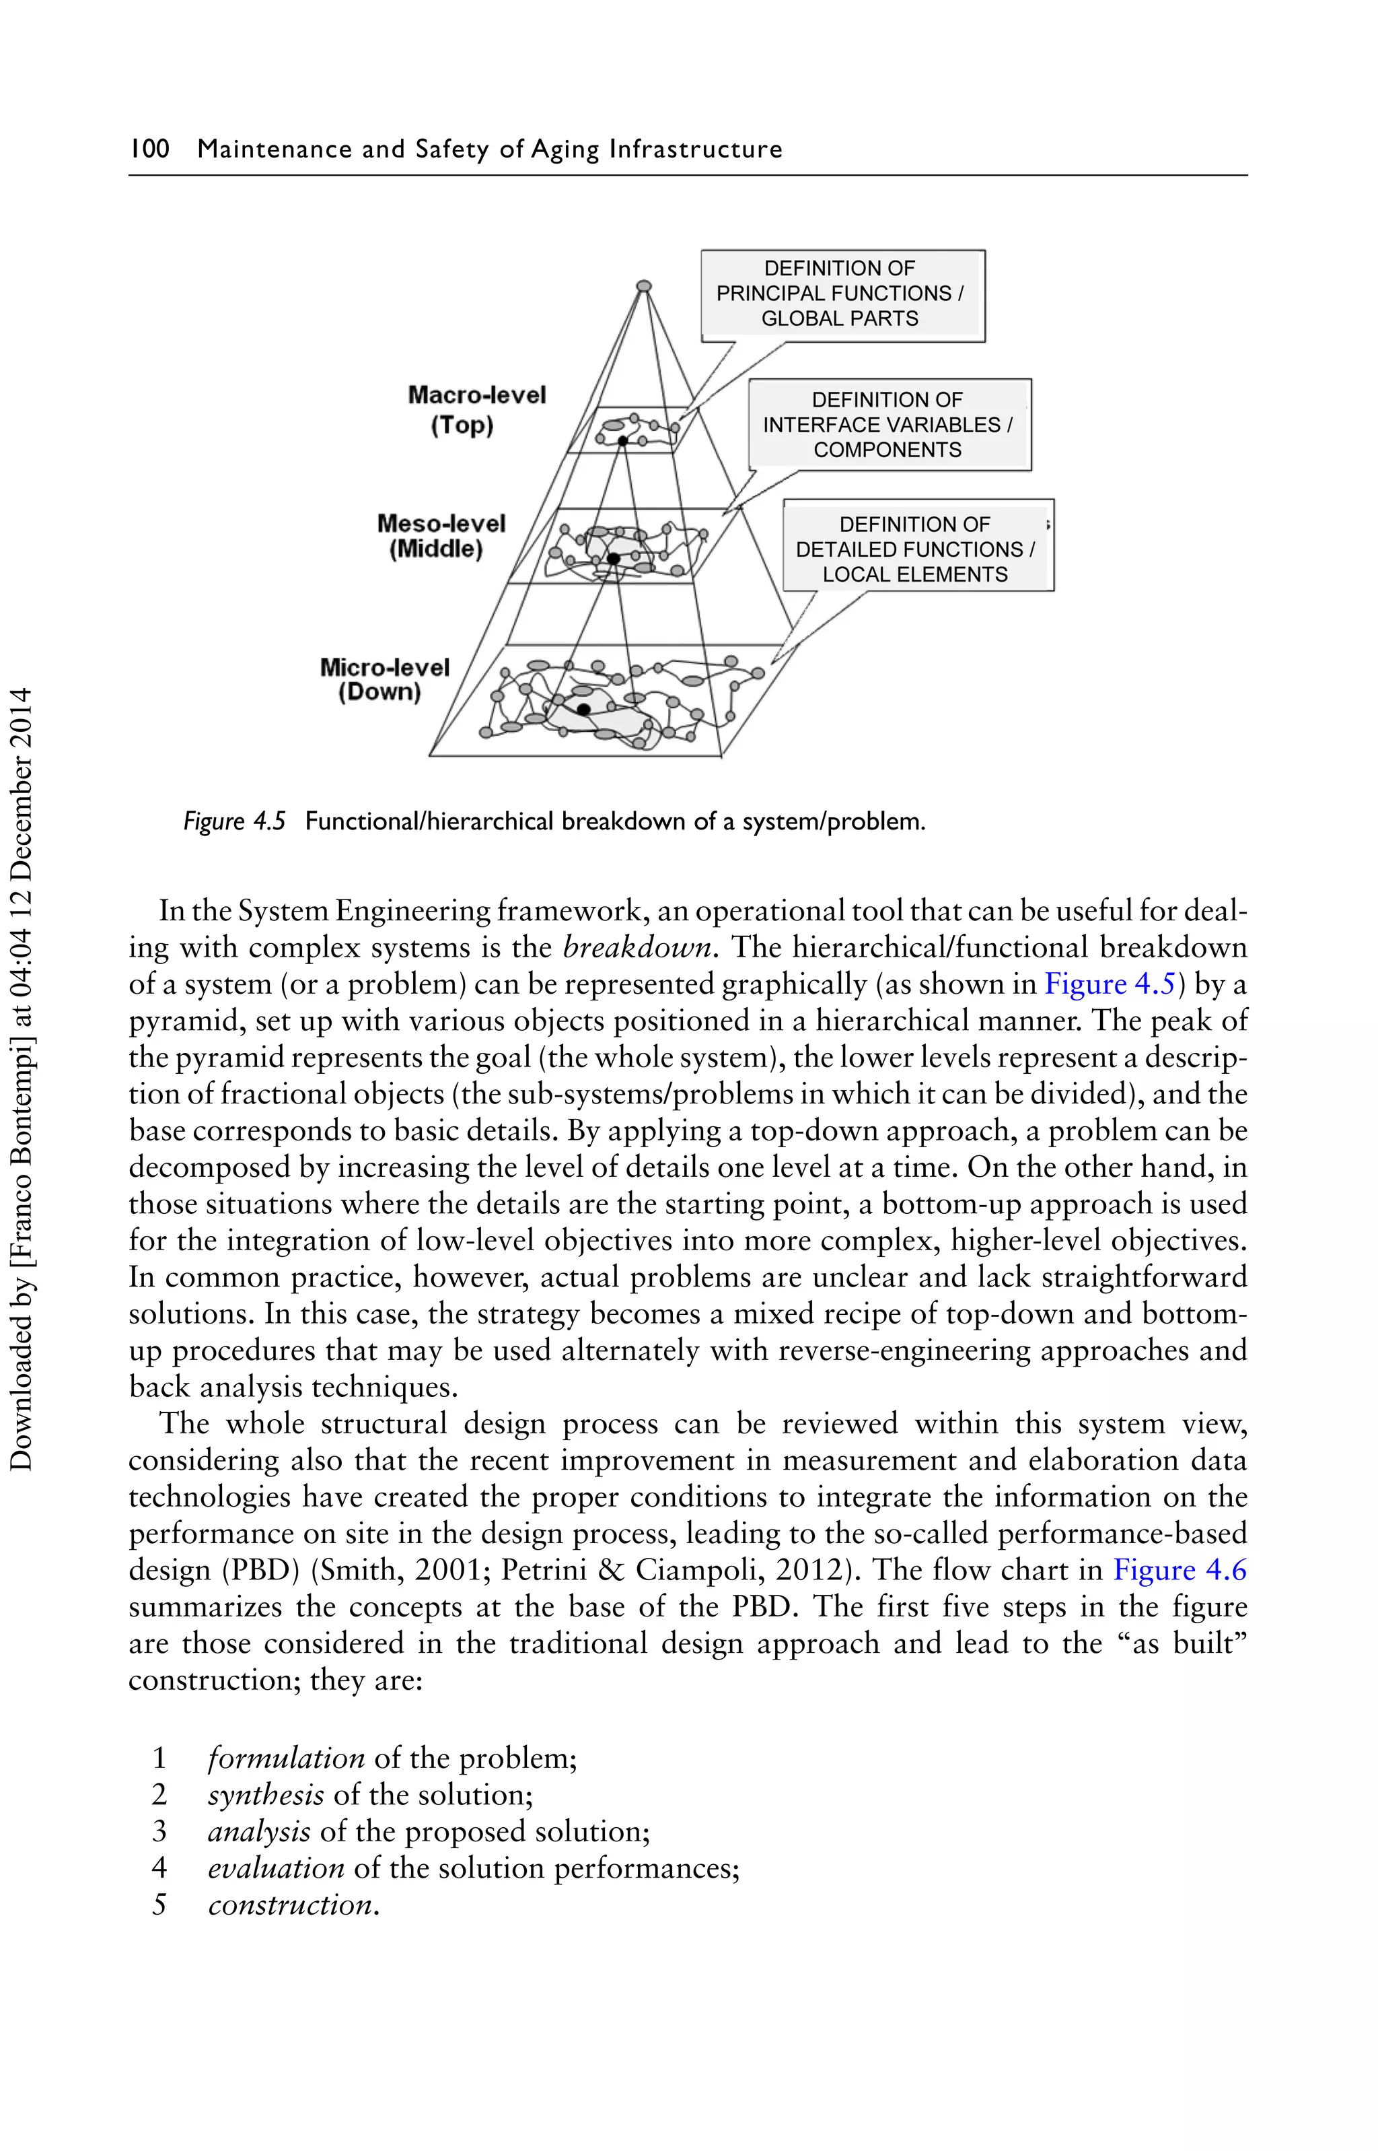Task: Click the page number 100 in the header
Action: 149,149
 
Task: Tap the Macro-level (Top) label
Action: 475,410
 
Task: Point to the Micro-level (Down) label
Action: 384,679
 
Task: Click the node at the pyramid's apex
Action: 643,286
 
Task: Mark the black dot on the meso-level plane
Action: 614,559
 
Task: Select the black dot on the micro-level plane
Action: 583,709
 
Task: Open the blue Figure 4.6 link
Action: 1180,1571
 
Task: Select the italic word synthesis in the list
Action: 266,1795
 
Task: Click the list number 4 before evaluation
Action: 159,1868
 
